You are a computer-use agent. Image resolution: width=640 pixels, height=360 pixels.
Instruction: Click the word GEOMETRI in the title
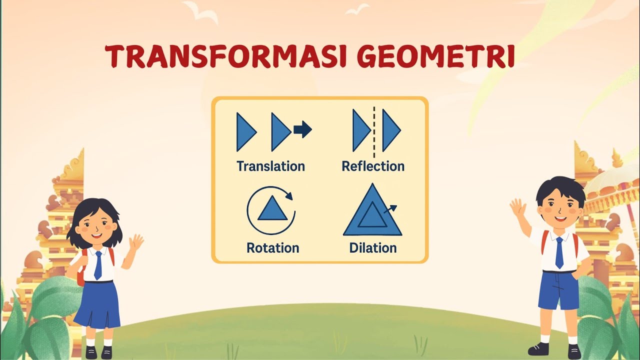pyautogui.click(x=435, y=56)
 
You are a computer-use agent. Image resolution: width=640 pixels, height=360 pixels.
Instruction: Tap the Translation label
pyautogui.click(x=270, y=166)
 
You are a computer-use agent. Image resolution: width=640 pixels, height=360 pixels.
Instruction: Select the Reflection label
pyautogui.click(x=373, y=166)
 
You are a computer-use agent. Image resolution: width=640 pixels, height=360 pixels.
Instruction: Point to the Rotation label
pyautogui.click(x=272, y=247)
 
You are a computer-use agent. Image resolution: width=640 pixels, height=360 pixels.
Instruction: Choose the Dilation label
pyautogui.click(x=373, y=247)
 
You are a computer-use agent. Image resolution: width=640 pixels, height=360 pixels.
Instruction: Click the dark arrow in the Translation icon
pyautogui.click(x=302, y=130)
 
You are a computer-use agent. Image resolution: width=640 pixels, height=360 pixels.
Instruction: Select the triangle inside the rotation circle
pyautogui.click(x=272, y=209)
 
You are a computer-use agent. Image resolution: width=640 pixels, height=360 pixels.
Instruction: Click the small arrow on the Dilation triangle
pyautogui.click(x=390, y=208)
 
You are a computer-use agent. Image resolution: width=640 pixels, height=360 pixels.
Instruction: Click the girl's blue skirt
pyautogui.click(x=97, y=305)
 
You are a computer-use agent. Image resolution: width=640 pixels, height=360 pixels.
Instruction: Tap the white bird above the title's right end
pyautogui.click(x=357, y=9)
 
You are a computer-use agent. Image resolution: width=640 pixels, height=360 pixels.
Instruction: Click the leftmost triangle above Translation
pyautogui.click(x=245, y=132)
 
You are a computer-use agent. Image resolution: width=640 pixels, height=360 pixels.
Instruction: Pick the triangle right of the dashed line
pyautogui.click(x=390, y=130)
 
